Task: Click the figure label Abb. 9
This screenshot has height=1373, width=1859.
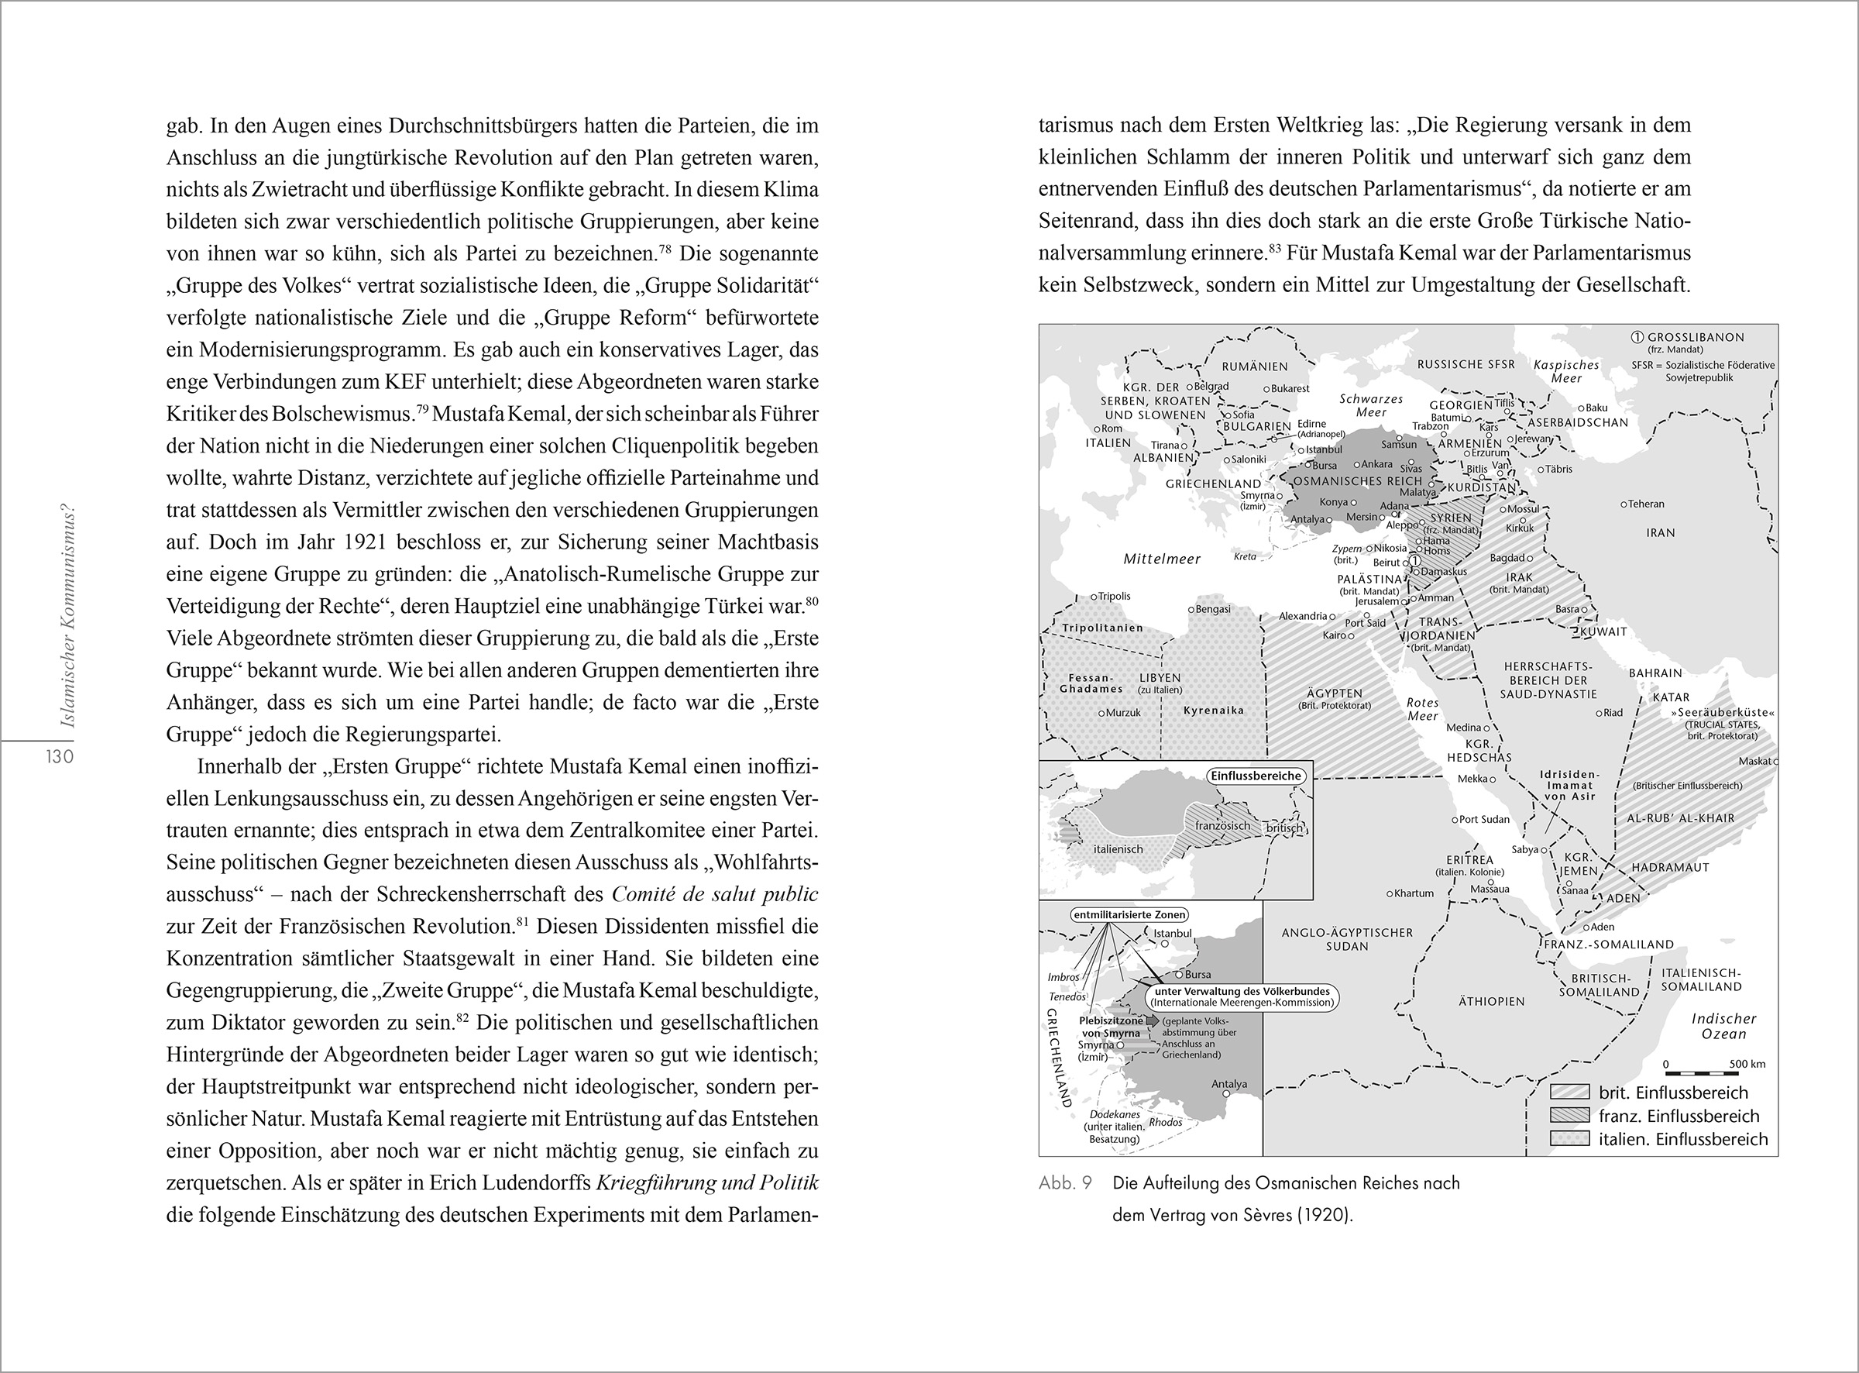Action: tap(1065, 1183)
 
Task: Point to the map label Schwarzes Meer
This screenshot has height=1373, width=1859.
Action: tap(1372, 404)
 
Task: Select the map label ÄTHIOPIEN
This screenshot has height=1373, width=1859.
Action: tap(1492, 1002)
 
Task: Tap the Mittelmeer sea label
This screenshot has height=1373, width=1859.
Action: tap(1162, 559)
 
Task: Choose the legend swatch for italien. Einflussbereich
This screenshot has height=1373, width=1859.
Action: tap(1570, 1140)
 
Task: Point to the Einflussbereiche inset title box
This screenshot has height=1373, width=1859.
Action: tap(1255, 776)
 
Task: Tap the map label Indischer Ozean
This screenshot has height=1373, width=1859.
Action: tap(1723, 1027)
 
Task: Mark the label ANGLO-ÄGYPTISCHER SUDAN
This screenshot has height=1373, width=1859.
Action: tap(1347, 939)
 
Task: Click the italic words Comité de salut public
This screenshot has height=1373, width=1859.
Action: tap(714, 894)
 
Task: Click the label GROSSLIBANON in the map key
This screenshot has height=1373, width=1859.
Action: tap(1696, 337)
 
